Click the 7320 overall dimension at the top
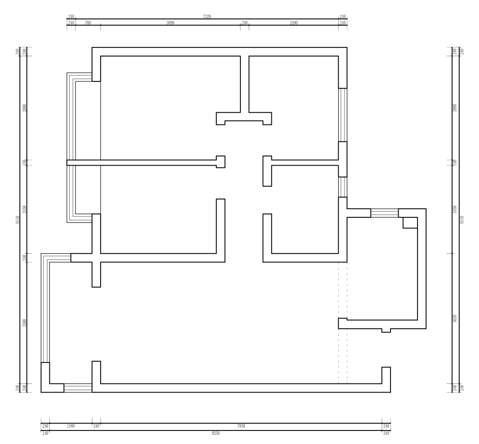[207, 16]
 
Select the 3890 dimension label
[170, 23]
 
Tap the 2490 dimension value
[293, 23]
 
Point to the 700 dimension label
[88, 23]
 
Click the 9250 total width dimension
[216, 433]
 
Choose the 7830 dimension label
[241, 426]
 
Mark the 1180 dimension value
[71, 426]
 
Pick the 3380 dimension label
[24, 322]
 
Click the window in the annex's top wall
[384, 213]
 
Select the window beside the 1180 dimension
[78, 388]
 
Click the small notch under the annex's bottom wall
[386, 330]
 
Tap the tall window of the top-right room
[343, 115]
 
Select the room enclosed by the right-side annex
[382, 271]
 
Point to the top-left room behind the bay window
[160, 107]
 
